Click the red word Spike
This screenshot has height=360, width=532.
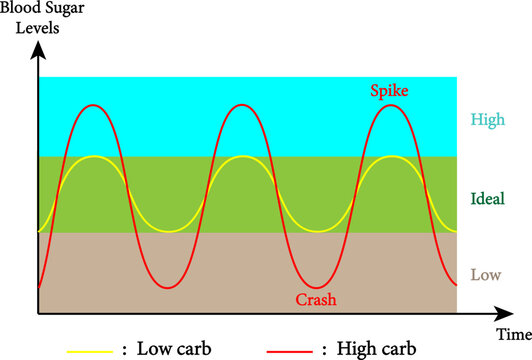(x=389, y=91)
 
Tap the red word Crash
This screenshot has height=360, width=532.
(x=316, y=300)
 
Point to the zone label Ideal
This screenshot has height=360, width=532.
(x=486, y=197)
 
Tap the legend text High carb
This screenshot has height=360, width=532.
(x=379, y=350)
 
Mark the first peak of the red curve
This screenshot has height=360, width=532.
(x=94, y=105)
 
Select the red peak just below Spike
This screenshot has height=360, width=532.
(x=389, y=105)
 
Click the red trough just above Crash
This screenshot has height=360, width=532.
(x=316, y=288)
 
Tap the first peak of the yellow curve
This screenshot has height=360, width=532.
(x=94, y=157)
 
